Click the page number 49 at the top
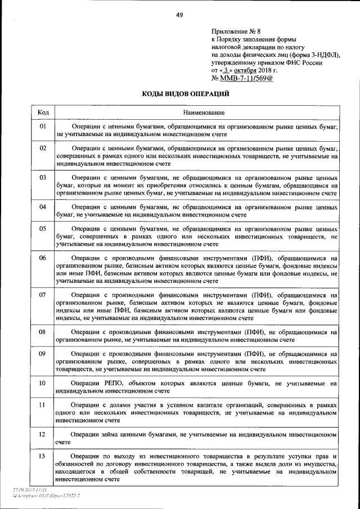click(x=179, y=15)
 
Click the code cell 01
click(x=43, y=127)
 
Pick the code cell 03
click(x=43, y=178)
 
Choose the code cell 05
click(x=43, y=229)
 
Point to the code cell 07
click(x=43, y=294)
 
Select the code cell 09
click(x=43, y=353)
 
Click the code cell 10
click(x=43, y=383)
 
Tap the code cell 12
click(x=43, y=435)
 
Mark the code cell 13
click(x=43, y=456)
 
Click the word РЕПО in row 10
click(x=115, y=383)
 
